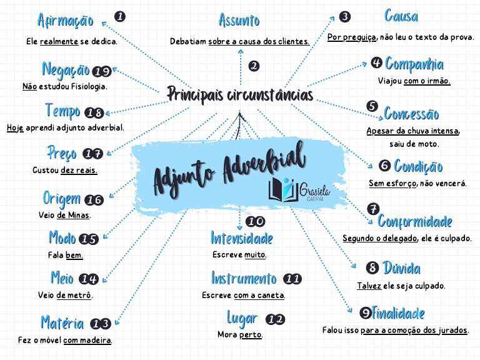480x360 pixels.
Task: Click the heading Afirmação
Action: [65, 21]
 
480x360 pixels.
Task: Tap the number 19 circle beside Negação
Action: [102, 71]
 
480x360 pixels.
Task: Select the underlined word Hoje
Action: [15, 127]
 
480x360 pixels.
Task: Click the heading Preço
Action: [62, 152]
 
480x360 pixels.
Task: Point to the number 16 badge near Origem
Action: [94, 200]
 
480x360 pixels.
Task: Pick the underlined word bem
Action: [74, 255]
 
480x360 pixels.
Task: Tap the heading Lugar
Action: [242, 318]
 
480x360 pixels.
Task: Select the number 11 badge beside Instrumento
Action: [292, 279]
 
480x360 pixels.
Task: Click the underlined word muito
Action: [255, 255]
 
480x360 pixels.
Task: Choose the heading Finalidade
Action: [398, 313]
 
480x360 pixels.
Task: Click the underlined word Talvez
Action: [369, 286]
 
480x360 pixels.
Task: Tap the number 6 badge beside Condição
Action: [385, 166]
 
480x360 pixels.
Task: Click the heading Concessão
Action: [411, 114]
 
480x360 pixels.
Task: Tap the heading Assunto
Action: [239, 21]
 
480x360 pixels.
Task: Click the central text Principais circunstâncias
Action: [241, 94]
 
